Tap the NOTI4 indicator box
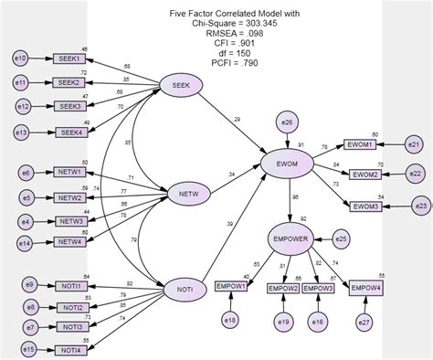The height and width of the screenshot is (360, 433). (70, 350)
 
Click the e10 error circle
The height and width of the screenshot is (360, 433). (22, 59)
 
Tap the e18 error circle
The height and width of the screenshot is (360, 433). (229, 320)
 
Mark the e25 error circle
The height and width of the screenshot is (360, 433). (340, 239)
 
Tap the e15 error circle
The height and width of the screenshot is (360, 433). (28, 349)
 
